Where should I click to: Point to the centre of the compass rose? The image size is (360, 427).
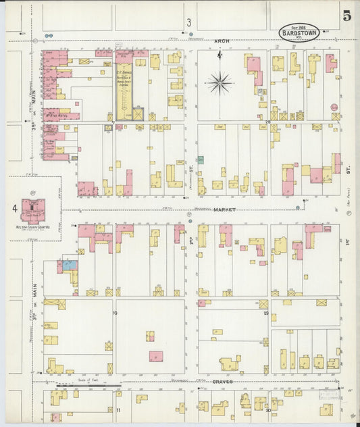point(220,83)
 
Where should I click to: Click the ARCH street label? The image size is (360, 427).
point(222,41)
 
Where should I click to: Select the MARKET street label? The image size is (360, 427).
point(224,209)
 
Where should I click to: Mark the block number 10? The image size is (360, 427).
point(115,313)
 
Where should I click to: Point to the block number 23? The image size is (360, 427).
point(267,313)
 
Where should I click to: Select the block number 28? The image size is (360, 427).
point(267,122)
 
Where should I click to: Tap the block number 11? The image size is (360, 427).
point(118,410)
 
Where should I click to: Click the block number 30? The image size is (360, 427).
point(267,410)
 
